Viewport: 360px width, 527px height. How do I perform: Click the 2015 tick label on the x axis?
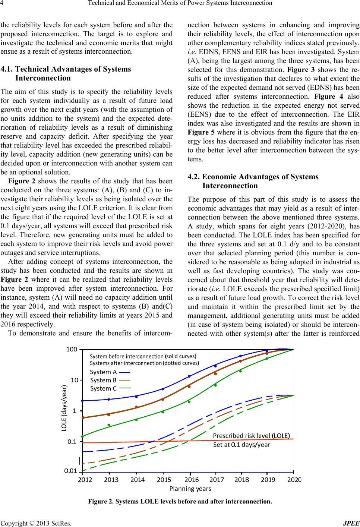point(164,480)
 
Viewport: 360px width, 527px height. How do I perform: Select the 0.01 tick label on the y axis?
point(71,471)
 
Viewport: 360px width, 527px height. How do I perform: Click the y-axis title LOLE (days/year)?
point(64,408)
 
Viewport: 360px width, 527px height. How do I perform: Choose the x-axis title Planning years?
point(190,488)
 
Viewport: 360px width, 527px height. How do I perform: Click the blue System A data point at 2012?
point(83,401)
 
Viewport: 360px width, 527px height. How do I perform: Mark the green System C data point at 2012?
point(83,436)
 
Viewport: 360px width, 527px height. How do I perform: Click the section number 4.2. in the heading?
point(193,177)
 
